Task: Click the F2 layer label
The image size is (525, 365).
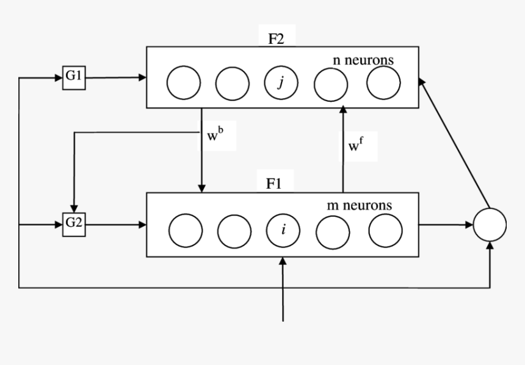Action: tap(276, 39)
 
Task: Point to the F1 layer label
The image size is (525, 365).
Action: tap(274, 183)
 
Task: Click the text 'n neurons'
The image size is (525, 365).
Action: tap(363, 60)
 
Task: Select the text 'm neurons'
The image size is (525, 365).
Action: tap(360, 205)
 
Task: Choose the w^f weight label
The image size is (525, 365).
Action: tap(355, 145)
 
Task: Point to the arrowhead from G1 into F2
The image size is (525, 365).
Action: tap(143, 77)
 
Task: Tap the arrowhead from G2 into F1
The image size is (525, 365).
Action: tap(143, 225)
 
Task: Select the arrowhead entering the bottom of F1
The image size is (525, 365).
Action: tap(283, 261)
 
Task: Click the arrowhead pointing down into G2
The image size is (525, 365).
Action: tap(74, 209)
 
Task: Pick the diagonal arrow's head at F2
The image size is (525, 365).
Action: tap(422, 81)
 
